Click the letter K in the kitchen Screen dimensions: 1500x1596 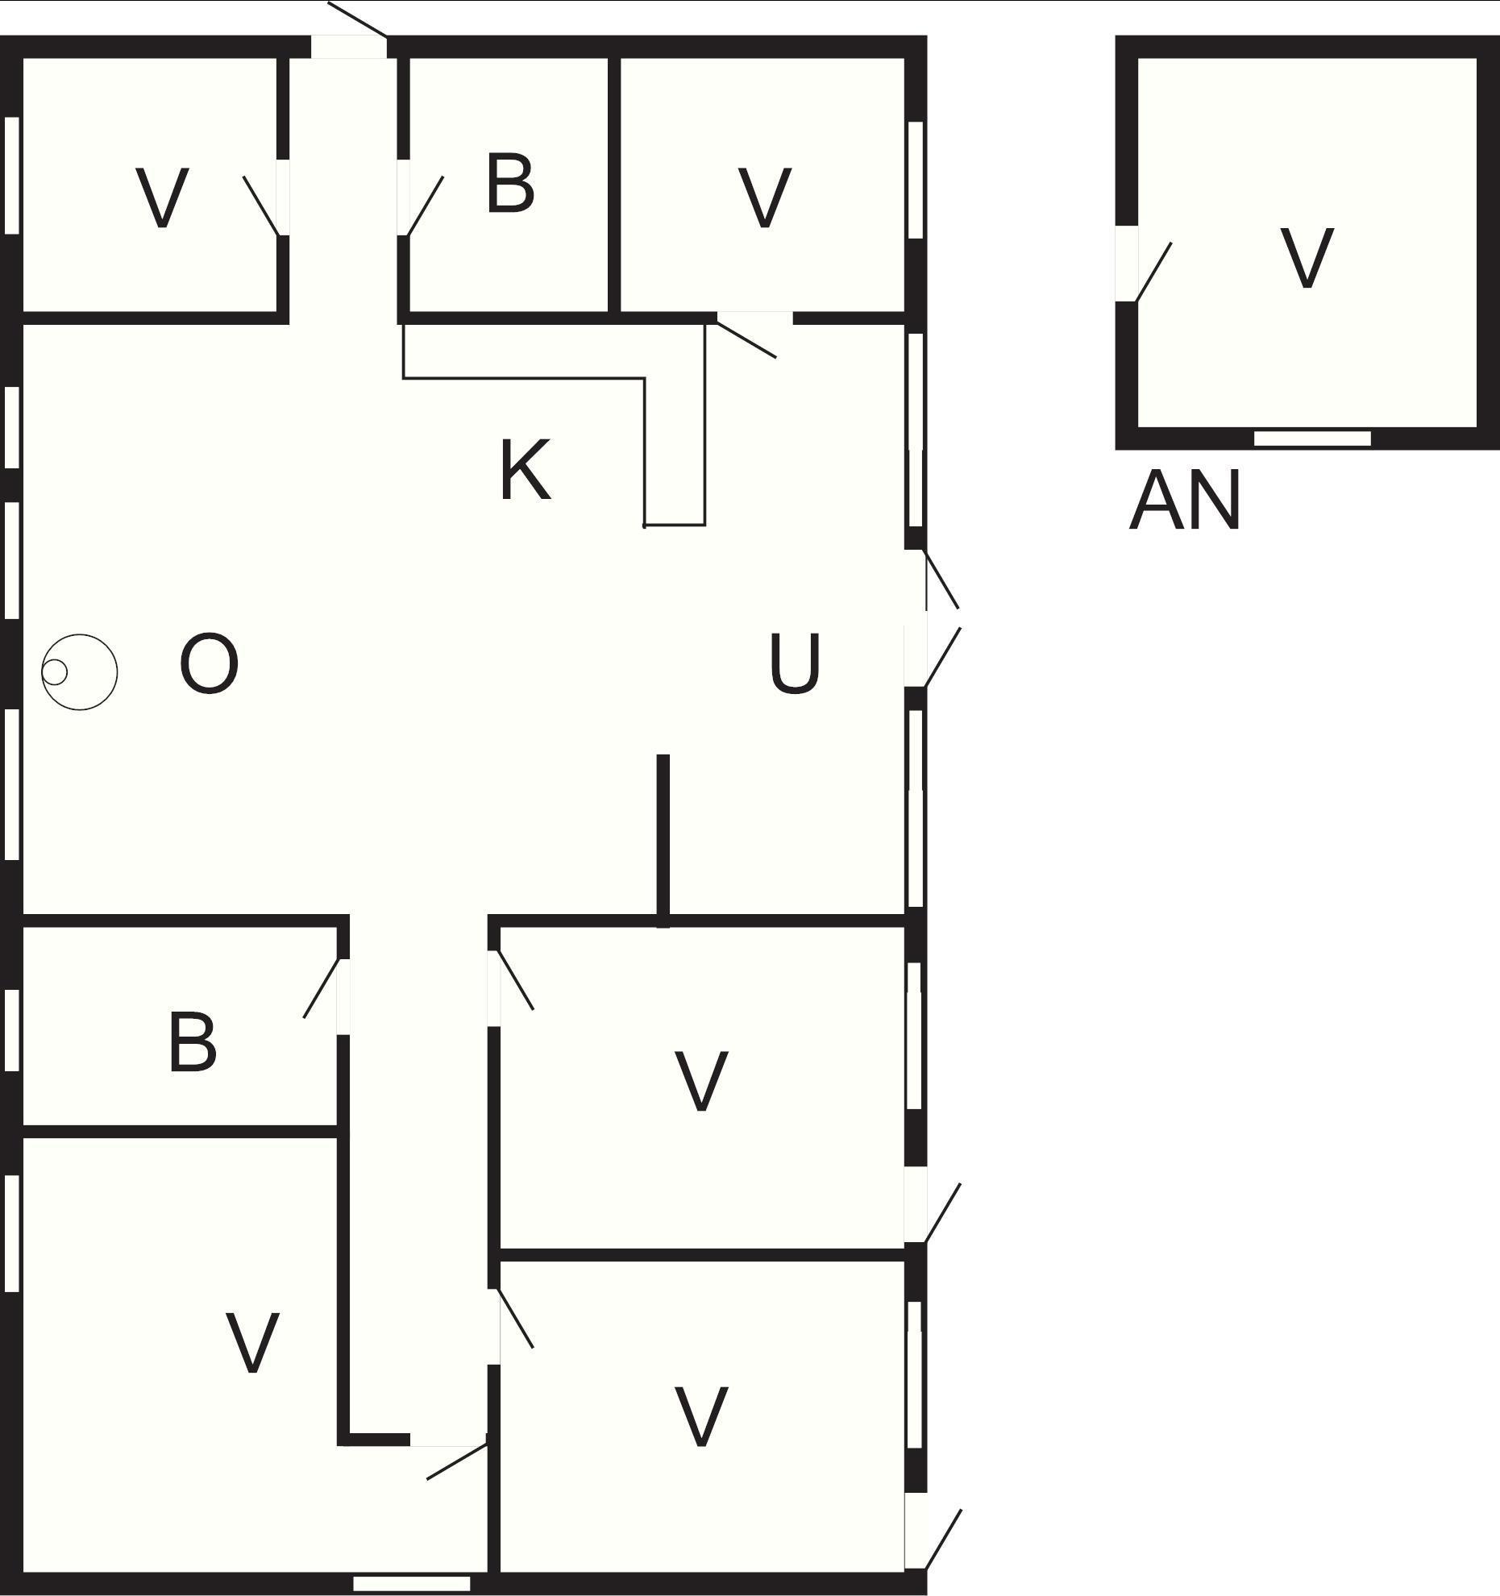click(x=526, y=470)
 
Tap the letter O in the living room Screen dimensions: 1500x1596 click(x=210, y=664)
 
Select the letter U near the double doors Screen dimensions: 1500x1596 click(x=795, y=663)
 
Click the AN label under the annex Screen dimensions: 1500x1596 click(x=1184, y=501)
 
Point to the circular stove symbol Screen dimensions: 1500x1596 click(x=80, y=672)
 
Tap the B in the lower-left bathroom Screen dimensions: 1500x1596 click(x=193, y=1043)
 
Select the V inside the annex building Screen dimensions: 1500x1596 click(x=1307, y=258)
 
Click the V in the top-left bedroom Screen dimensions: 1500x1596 click(x=162, y=197)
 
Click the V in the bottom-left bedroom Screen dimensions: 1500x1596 click(x=252, y=1342)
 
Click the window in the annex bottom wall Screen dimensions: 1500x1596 click(x=1312, y=438)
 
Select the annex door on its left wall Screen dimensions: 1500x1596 click(x=1143, y=264)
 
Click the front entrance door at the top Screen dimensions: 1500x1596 click(x=349, y=31)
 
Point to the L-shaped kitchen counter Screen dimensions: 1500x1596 click(x=555, y=425)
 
